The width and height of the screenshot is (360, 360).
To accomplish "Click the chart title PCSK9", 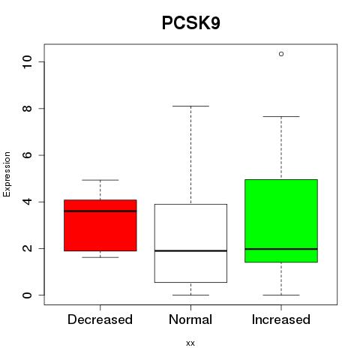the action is [x=191, y=23].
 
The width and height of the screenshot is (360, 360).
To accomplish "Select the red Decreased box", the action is [x=100, y=225].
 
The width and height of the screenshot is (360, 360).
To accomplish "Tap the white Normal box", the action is [x=190, y=243].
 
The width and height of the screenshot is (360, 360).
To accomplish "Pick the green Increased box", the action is [x=281, y=220].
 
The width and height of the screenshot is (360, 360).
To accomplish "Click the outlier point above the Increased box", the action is [x=281, y=54].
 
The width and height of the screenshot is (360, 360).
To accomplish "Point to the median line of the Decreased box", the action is [x=100, y=211].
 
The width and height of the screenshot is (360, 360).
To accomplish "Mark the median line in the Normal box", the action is [x=190, y=250].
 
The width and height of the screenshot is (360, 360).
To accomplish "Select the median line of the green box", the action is [x=281, y=249].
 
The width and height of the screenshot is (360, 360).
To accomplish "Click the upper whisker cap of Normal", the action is [x=190, y=106].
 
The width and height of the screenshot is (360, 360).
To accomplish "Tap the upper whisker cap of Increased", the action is [x=281, y=116].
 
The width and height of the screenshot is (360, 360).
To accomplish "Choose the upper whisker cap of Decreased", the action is [x=100, y=180].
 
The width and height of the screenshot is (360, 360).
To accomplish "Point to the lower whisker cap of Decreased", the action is [x=100, y=257].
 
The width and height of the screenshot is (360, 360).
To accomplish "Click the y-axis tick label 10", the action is [x=27, y=61].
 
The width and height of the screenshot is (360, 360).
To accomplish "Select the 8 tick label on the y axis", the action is [x=27, y=108].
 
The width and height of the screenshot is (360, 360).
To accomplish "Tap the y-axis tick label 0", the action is [x=27, y=295].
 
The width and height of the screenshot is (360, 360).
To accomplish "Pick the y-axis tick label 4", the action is [x=27, y=202].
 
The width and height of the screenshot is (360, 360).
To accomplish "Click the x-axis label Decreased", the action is [x=100, y=319].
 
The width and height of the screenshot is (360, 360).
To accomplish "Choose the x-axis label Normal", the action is [x=190, y=319].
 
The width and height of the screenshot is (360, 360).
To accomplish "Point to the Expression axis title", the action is [x=7, y=174].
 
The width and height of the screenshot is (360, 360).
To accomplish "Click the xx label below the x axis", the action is [x=190, y=343].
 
